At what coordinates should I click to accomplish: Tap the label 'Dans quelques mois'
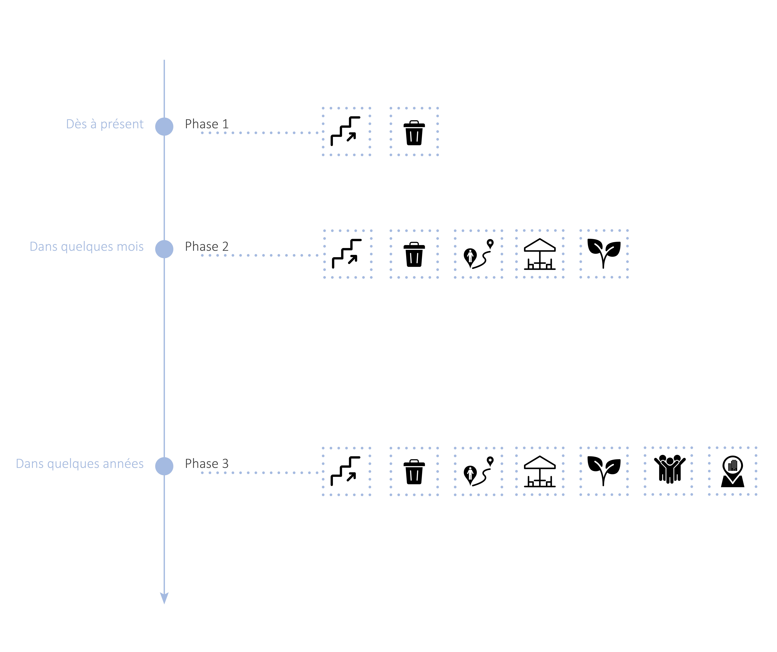(x=87, y=246)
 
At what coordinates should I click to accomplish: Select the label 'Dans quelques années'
(x=80, y=464)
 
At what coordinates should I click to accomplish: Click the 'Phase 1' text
(x=207, y=124)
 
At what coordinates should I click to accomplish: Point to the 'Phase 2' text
(x=207, y=246)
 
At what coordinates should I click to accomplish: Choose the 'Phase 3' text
(x=207, y=464)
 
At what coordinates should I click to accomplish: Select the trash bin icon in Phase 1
(x=414, y=133)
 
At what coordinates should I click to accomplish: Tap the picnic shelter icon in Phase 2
(x=540, y=254)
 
